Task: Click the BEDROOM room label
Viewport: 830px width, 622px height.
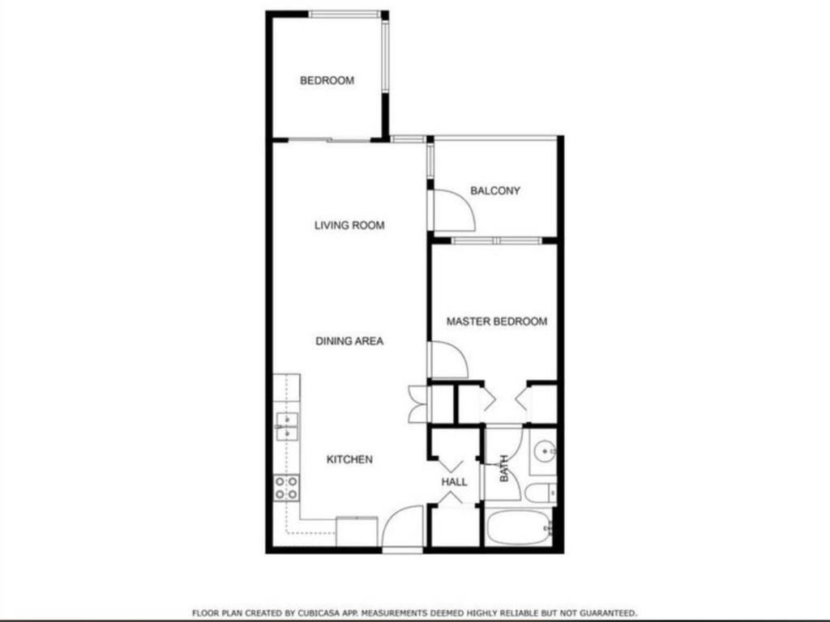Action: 327,80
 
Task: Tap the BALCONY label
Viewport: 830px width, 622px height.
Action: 495,191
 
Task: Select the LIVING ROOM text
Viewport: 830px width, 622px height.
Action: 349,225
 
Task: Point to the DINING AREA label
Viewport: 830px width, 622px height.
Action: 349,341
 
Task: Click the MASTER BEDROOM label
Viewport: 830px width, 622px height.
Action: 497,322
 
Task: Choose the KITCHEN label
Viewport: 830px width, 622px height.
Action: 349,459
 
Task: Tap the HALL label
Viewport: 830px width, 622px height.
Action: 455,482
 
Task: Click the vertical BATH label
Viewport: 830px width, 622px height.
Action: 503,467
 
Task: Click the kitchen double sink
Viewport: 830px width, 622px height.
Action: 287,427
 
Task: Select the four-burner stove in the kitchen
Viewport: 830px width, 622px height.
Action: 286,487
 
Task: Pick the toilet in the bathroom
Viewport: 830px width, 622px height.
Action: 540,492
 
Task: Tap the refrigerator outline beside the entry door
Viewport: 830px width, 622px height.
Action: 357,531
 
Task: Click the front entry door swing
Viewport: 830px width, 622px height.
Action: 403,528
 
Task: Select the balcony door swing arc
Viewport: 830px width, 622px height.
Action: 452,210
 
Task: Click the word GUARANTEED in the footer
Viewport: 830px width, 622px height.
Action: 608,613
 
